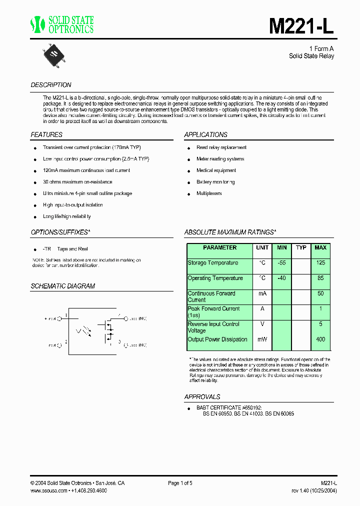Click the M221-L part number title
point(301,26)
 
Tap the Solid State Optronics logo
point(62,24)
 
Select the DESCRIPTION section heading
point(51,85)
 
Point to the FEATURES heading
point(46,135)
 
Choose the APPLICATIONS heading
point(205,135)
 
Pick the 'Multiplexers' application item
point(209,193)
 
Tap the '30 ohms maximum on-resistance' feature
point(77,182)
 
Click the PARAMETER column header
point(219,248)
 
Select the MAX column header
point(320,248)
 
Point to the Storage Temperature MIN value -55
point(281,263)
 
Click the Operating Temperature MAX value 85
point(320,278)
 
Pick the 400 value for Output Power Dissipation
point(320,339)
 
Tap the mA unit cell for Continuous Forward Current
point(262,294)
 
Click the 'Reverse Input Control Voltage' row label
point(213,327)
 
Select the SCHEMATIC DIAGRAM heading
point(63,286)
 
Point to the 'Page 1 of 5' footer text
point(180,483)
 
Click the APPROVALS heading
point(202,397)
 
